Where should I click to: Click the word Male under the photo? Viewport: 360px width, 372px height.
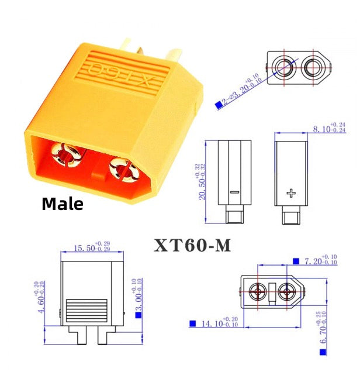point(63,204)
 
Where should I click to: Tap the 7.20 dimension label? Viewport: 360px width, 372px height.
point(319,260)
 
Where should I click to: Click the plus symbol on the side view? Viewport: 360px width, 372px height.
point(291,192)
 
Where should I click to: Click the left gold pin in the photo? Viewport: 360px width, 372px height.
point(64,154)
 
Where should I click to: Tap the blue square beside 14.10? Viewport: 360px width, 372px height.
point(192,323)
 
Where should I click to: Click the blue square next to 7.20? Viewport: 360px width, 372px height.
point(296,260)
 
